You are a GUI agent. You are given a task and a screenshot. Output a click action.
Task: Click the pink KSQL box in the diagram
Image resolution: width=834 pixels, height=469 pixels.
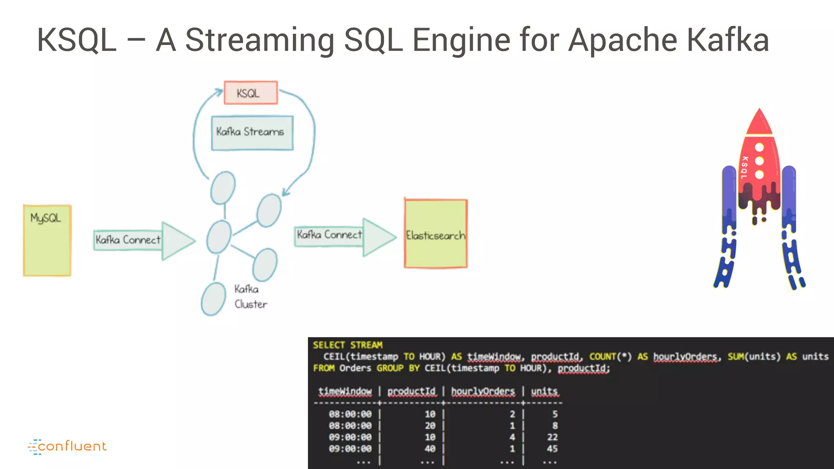[251, 93]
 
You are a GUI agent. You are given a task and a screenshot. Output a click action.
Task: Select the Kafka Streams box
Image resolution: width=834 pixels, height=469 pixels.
[252, 133]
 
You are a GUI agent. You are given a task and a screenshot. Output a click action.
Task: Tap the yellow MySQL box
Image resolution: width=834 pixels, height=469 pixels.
[47, 241]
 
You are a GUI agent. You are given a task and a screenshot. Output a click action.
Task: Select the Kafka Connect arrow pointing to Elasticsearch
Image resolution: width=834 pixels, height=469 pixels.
[344, 237]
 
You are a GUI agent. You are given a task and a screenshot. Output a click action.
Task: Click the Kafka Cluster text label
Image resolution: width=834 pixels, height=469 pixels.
[250, 297]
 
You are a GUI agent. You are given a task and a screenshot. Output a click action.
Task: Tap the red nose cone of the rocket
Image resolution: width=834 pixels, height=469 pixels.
[759, 123]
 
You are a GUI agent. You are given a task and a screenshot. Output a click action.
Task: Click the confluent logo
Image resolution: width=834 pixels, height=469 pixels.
[68, 447]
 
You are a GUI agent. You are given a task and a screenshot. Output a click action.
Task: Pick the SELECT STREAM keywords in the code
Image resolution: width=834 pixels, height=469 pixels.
[347, 345]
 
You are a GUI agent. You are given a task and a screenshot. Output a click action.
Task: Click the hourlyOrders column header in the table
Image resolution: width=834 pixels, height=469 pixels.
[483, 391]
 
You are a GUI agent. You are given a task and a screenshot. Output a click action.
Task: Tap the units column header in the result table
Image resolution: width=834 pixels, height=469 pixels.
[544, 391]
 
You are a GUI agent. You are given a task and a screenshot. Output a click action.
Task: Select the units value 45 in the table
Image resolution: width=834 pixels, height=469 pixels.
[552, 449]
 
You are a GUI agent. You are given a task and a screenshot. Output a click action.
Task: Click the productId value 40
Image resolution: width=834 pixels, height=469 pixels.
[430, 449]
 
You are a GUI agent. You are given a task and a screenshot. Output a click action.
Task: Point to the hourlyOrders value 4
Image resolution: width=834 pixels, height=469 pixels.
[512, 437]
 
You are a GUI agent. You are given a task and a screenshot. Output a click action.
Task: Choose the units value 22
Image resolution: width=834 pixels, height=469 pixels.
[552, 437]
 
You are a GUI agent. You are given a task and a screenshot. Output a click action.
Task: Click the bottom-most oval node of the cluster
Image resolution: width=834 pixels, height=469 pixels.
[213, 299]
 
